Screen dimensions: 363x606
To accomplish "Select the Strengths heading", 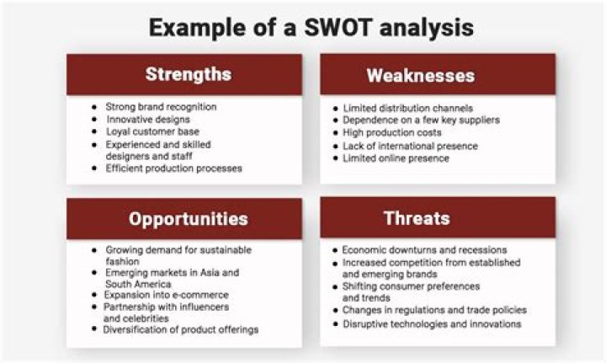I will (x=188, y=74).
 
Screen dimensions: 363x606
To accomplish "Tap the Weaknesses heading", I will (x=420, y=76).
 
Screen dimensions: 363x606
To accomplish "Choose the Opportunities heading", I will (x=188, y=219).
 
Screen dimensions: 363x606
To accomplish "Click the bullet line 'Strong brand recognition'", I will (x=161, y=107).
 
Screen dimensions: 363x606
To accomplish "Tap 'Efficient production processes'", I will (x=173, y=168).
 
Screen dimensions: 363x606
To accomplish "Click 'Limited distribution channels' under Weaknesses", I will (x=408, y=108).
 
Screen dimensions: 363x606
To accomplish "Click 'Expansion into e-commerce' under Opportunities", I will (x=167, y=295).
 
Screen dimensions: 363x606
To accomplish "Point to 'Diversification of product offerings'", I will (x=180, y=329).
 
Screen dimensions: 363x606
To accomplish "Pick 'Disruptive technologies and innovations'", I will (x=432, y=323).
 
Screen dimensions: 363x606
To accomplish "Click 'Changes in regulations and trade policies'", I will (x=434, y=311).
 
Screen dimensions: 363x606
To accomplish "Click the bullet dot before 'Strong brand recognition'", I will (x=94, y=108).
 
